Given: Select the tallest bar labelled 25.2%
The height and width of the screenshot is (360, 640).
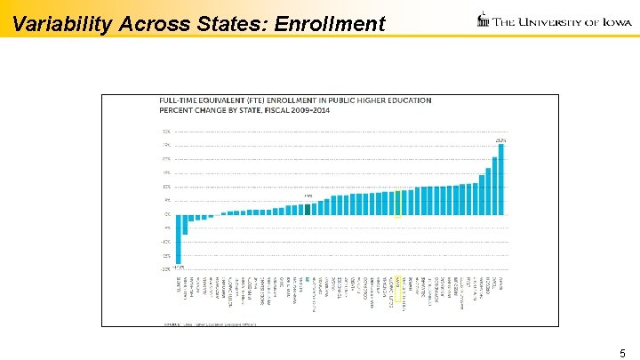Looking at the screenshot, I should point(501,179).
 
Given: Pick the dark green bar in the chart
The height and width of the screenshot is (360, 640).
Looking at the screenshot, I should point(308,210).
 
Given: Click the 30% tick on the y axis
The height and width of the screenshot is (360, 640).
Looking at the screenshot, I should point(166,132).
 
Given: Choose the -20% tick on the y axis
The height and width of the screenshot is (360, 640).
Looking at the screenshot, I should point(166,269).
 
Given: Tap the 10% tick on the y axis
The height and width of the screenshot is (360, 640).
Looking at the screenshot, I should point(166,187).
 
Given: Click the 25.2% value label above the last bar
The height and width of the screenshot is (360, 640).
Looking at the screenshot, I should point(500,140).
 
